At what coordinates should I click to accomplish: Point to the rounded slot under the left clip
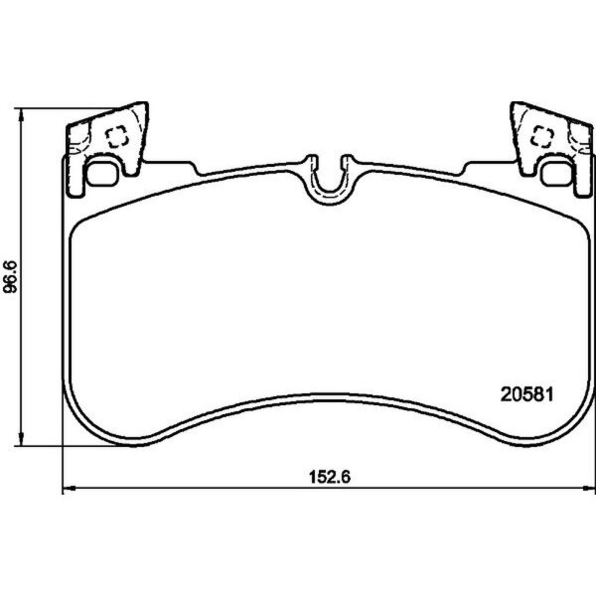tap(102, 174)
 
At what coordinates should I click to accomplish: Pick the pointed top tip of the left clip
tap(141, 103)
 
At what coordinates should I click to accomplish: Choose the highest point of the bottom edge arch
tap(328, 399)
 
